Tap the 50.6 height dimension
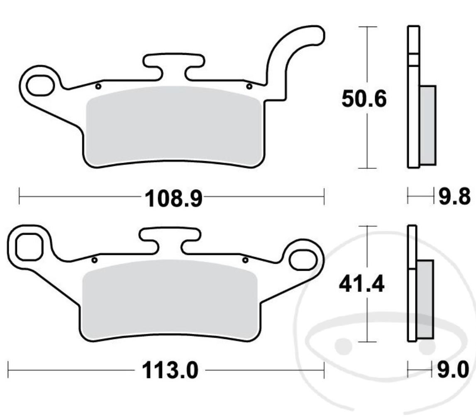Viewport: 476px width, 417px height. pos(364,99)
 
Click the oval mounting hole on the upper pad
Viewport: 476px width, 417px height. pos(40,84)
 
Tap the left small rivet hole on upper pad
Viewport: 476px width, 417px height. pos(98,86)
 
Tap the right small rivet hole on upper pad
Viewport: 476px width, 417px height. pos(249,86)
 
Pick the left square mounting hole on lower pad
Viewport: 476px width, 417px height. pos(28,248)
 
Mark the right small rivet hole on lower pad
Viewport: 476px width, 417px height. pos(245,260)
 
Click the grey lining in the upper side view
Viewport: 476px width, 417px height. pos(428,125)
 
